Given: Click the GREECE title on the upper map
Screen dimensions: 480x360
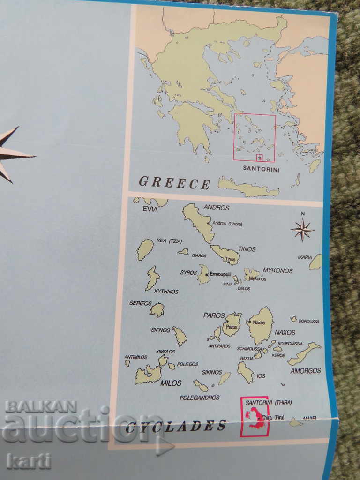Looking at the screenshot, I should pyautogui.click(x=174, y=182).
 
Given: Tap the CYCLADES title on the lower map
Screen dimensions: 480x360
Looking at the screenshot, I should pyautogui.click(x=176, y=426).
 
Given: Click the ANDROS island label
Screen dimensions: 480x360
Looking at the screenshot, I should pyautogui.click(x=217, y=207).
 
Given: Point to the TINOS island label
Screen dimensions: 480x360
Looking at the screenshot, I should pyautogui.click(x=247, y=249).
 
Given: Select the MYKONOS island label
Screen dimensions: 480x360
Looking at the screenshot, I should pyautogui.click(x=277, y=270).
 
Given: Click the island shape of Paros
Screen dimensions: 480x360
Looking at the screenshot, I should pyautogui.click(x=232, y=324).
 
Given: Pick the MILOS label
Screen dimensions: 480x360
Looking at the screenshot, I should pyautogui.click(x=171, y=383).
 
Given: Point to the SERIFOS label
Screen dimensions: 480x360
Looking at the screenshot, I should pyautogui.click(x=141, y=303).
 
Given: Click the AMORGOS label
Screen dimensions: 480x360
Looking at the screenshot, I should pyautogui.click(x=306, y=370).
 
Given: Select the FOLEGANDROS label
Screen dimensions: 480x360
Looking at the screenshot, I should pyautogui.click(x=199, y=397).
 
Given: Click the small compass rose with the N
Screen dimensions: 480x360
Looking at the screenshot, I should pyautogui.click(x=302, y=230).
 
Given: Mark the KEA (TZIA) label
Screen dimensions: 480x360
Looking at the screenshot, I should pyautogui.click(x=169, y=240).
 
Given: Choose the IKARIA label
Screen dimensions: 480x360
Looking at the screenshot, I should pyautogui.click(x=305, y=257).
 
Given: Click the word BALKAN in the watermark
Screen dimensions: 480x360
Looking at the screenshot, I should pyautogui.click(x=41, y=406).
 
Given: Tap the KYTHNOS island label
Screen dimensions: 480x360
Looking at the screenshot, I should pyautogui.click(x=166, y=291).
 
